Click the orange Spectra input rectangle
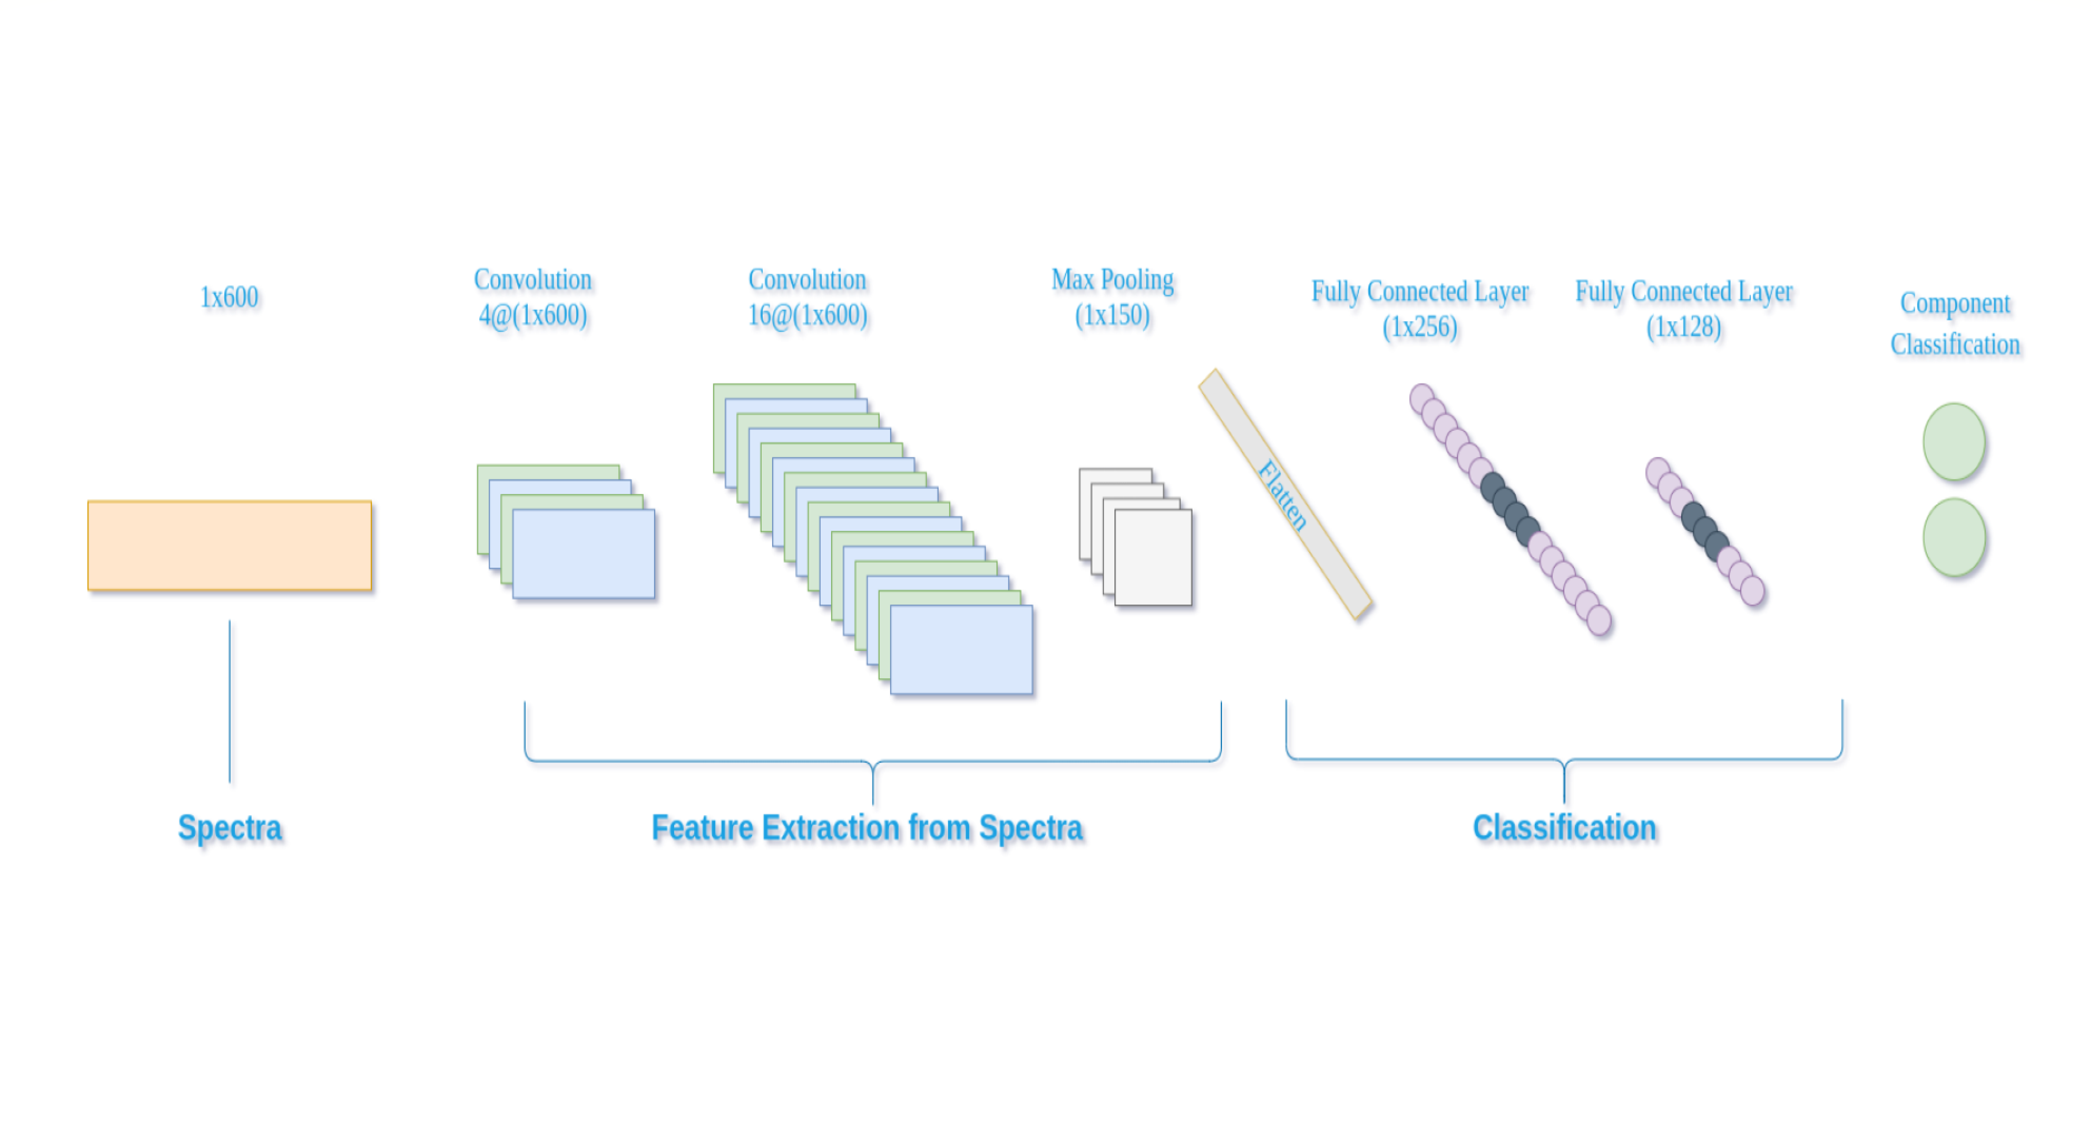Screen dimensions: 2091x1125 click(x=230, y=545)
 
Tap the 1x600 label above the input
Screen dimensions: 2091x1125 click(x=230, y=297)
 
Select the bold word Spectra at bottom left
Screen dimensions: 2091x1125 click(x=230, y=828)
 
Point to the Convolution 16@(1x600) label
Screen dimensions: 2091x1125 click(x=808, y=297)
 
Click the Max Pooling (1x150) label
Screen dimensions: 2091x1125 click(x=1113, y=297)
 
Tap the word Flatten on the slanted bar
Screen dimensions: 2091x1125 click(x=1282, y=495)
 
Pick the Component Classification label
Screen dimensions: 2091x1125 click(x=1955, y=323)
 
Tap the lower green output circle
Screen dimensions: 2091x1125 click(x=1955, y=537)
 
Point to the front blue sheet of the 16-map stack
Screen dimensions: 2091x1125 click(x=962, y=649)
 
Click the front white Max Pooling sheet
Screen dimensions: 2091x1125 click(x=1153, y=557)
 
